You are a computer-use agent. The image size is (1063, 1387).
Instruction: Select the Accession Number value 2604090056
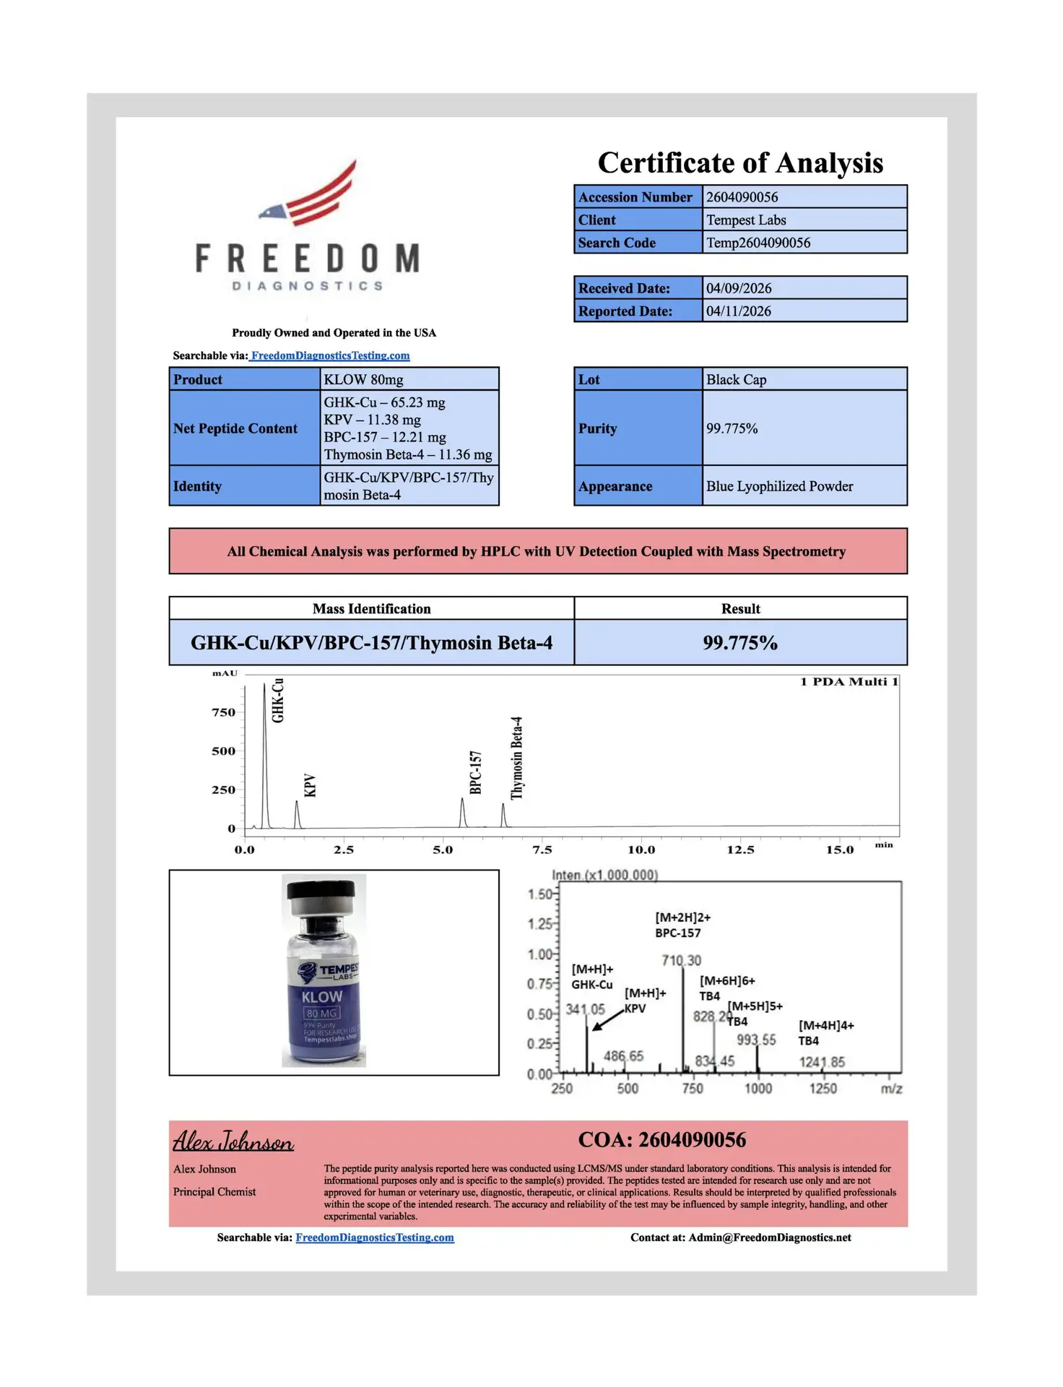(x=742, y=197)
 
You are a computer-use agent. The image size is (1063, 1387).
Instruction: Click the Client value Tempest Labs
(x=745, y=220)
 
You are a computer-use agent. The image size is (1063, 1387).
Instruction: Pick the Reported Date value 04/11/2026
(x=738, y=311)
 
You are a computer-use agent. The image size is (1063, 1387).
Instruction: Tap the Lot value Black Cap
(x=736, y=380)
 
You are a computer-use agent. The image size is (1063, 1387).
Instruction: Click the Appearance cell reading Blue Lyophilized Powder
(x=779, y=487)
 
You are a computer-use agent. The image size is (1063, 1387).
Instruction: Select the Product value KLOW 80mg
(x=363, y=380)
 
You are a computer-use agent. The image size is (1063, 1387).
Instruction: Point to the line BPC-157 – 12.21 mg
(x=384, y=438)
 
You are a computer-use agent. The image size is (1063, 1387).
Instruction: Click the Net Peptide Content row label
(x=235, y=429)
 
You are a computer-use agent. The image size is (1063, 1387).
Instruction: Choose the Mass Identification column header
(x=371, y=609)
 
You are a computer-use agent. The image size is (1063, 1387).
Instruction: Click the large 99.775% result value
(x=740, y=643)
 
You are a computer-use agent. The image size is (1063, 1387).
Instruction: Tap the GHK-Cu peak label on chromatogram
(x=278, y=701)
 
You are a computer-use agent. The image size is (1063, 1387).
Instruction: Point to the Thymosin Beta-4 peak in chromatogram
(x=503, y=815)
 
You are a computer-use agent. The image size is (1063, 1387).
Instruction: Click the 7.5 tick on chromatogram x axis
(x=542, y=850)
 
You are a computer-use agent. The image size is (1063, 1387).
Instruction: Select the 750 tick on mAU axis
(x=223, y=713)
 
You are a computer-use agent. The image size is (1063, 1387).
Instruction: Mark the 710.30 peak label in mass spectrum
(x=681, y=961)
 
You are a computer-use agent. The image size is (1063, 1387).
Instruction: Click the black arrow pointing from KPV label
(x=607, y=1019)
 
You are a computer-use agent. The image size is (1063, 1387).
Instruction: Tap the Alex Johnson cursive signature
(x=233, y=1141)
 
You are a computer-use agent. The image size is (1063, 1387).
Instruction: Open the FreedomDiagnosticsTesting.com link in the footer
(x=375, y=1237)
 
